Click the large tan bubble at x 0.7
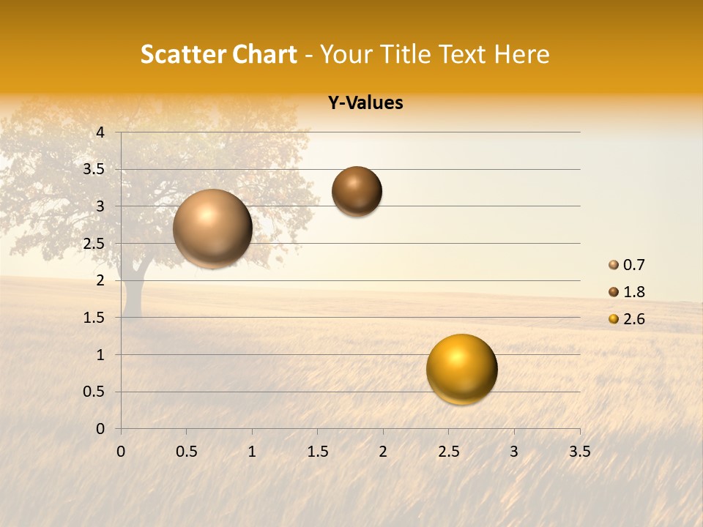(x=212, y=228)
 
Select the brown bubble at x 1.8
(x=357, y=191)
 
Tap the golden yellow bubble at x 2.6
(x=461, y=369)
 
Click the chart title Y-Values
(x=365, y=103)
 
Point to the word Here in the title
(x=521, y=54)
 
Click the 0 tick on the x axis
(x=121, y=452)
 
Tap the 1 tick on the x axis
(x=252, y=452)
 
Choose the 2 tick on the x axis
(x=383, y=452)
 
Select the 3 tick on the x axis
(x=514, y=452)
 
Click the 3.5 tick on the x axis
(x=579, y=452)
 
